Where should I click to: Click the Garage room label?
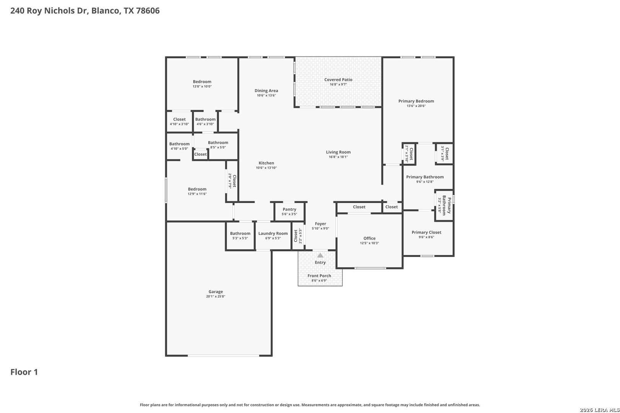(x=215, y=291)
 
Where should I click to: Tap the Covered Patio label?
(x=338, y=80)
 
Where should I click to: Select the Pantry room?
(x=289, y=211)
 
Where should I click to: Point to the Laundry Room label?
(x=273, y=234)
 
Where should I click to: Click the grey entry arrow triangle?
(x=320, y=255)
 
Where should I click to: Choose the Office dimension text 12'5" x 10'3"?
(x=369, y=243)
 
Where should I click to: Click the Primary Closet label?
(x=426, y=233)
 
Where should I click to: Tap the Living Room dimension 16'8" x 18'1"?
(x=338, y=157)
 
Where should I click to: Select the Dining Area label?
(x=266, y=91)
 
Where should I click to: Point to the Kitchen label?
(x=266, y=163)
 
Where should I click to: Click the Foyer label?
(x=320, y=224)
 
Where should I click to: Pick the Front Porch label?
(x=319, y=276)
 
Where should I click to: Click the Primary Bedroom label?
(x=416, y=101)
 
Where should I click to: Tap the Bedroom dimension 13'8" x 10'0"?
(x=202, y=86)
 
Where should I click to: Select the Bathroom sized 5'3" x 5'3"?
(x=240, y=236)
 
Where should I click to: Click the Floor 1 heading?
(x=24, y=372)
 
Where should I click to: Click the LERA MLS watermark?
(x=599, y=410)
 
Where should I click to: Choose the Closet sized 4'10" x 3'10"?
(x=179, y=122)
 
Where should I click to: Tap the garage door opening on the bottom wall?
(x=224, y=356)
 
